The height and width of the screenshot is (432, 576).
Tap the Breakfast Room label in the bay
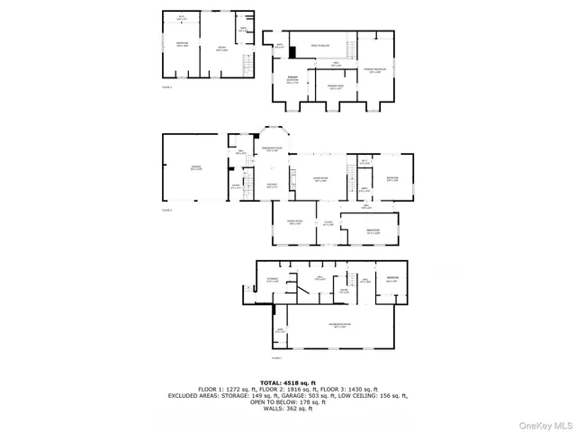[272, 148]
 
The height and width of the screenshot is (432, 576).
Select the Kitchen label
[272, 186]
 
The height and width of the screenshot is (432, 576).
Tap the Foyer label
[328, 223]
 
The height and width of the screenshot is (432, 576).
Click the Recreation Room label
[339, 325]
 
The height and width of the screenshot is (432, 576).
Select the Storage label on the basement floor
[273, 280]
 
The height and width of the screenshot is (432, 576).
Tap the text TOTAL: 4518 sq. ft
[287, 382]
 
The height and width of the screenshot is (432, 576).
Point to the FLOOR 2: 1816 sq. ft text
[287, 389]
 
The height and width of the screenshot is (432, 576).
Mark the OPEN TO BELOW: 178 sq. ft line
[287, 401]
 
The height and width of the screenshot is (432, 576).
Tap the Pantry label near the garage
[236, 186]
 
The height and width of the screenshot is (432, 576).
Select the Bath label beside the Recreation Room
[280, 331]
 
